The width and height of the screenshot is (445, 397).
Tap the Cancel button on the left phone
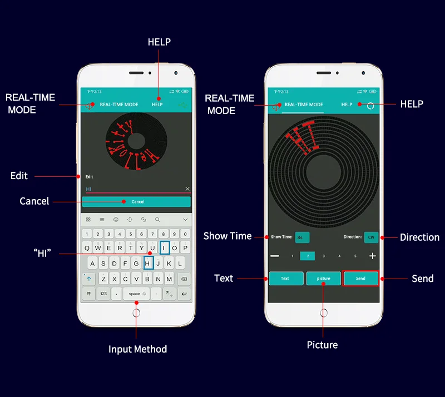click(x=136, y=202)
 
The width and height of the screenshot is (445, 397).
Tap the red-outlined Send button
click(x=361, y=278)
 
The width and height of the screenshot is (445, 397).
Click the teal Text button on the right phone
click(x=286, y=278)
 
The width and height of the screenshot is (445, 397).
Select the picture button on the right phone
click(x=323, y=278)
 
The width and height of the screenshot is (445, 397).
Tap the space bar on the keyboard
click(x=136, y=293)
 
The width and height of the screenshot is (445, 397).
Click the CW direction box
click(x=371, y=237)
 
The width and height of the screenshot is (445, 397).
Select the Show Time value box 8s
click(x=301, y=237)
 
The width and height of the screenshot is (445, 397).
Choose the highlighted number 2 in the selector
click(x=308, y=256)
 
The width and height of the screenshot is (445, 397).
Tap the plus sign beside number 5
click(x=372, y=256)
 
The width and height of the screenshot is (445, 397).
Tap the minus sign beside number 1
click(x=275, y=256)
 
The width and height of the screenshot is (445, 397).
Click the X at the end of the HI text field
click(x=187, y=189)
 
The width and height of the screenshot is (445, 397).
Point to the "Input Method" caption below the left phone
click(x=137, y=349)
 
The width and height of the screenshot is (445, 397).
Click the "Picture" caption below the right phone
click(x=322, y=345)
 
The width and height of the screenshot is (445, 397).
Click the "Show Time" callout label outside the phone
click(x=228, y=236)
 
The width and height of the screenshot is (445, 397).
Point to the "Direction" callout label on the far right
click(x=419, y=237)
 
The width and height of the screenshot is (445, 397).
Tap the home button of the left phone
click(x=136, y=313)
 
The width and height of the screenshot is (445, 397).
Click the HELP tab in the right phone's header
click(x=347, y=105)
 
